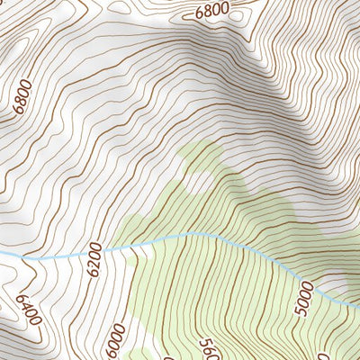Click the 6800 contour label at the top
(x=212, y=11)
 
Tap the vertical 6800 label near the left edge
(x=24, y=95)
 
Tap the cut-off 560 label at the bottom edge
(x=206, y=349)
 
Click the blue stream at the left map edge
(x=3, y=255)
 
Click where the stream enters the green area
(x=130, y=243)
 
